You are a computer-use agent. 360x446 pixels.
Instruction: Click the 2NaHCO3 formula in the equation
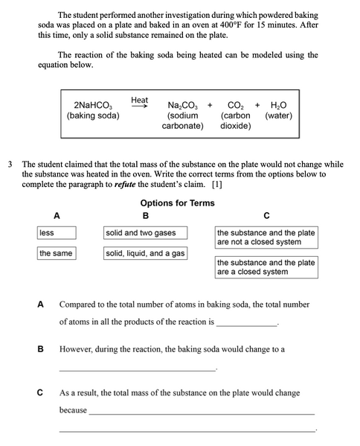[93, 105]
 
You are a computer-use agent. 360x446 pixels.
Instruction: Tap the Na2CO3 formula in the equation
[182, 105]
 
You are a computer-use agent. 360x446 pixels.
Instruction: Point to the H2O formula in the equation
[278, 105]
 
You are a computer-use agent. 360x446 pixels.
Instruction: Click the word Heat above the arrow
[139, 100]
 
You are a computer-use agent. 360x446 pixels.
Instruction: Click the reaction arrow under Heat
[140, 106]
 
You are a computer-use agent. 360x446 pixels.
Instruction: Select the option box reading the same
[56, 254]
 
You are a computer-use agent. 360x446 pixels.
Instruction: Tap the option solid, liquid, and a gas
[145, 254]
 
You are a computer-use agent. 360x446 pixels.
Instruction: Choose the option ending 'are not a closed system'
[266, 238]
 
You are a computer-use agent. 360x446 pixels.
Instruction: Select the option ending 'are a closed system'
[266, 267]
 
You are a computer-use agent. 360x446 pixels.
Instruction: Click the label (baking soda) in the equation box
[93, 116]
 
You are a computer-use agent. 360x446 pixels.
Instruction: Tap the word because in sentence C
[73, 410]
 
